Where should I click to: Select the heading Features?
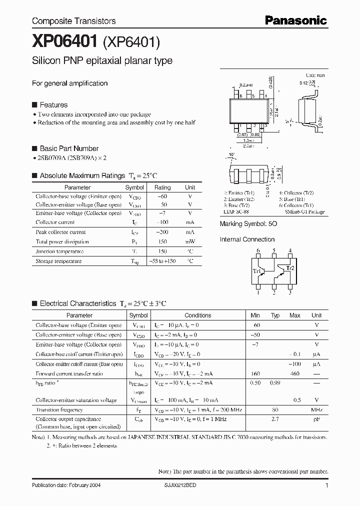tap(53, 105)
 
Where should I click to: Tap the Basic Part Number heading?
tap(69, 148)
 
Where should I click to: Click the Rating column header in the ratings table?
tap(162, 187)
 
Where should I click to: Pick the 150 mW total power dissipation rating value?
tap(162, 241)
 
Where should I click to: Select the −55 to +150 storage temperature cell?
tap(162, 261)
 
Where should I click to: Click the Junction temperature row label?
tap(59, 251)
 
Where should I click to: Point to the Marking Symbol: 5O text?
tap(248, 224)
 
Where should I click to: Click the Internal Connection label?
tap(247, 239)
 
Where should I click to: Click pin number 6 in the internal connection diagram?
tap(258, 250)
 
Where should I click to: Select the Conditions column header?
tap(198, 315)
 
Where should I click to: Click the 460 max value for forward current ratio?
tap(295, 373)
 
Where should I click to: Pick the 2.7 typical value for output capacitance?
tap(275, 419)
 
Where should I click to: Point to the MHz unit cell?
tap(316, 409)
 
